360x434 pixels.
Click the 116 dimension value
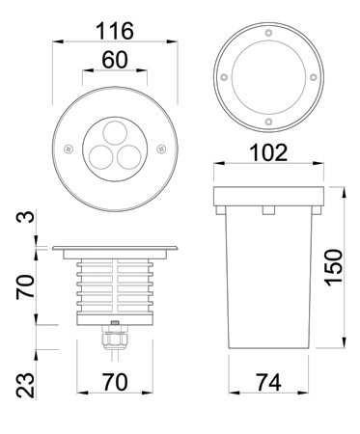tap(115, 31)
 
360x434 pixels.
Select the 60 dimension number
tap(115, 60)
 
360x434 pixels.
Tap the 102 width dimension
tap(268, 152)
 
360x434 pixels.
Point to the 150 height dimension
tap(334, 267)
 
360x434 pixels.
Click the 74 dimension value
tap(268, 383)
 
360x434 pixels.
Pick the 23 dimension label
tap(25, 386)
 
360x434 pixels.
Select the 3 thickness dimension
tap(25, 217)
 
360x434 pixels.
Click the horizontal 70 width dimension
tap(115, 382)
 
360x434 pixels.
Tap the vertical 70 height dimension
tap(25, 287)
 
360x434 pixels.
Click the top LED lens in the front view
tap(115, 133)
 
